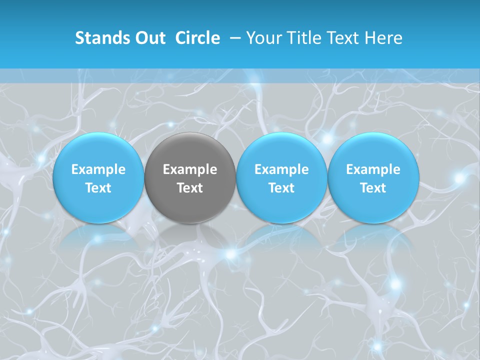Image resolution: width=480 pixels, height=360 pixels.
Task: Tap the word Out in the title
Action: [x=149, y=38]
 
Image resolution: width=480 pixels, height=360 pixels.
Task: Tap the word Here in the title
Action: [x=383, y=38]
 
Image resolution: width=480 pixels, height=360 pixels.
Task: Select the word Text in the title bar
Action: [x=343, y=38]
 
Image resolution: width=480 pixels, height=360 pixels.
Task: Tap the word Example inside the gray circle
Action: [x=190, y=169]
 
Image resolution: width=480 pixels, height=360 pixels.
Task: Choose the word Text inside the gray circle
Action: [x=190, y=188]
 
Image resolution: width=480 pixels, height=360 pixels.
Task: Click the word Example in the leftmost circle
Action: [x=98, y=169]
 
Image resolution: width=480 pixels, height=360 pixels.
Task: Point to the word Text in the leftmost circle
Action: [x=98, y=188]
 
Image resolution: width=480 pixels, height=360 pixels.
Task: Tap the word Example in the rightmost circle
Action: [x=373, y=169]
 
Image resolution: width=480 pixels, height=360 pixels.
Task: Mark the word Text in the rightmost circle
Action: [x=373, y=188]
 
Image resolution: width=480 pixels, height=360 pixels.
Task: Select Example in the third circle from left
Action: [x=281, y=169]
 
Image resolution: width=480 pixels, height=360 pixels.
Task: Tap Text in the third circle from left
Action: [x=281, y=188]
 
